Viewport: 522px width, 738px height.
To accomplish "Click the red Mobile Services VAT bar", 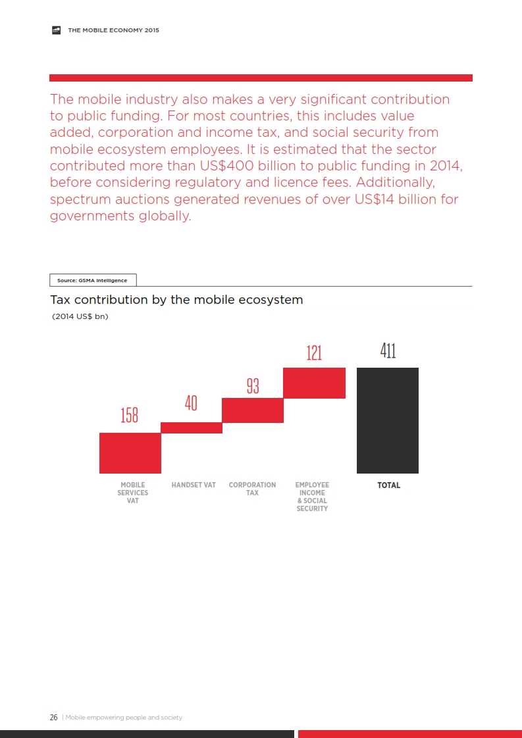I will click(130, 453).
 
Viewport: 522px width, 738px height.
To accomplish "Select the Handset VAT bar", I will click(191, 428).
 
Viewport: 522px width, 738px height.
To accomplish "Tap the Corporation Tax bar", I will click(252, 410).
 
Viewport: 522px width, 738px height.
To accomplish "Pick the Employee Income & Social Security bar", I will click(314, 383).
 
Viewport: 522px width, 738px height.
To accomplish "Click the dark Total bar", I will click(387, 420).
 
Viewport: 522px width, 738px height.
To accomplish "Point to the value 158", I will click(130, 416).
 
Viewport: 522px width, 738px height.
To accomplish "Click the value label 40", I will click(191, 403).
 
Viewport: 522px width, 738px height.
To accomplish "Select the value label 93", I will click(253, 386).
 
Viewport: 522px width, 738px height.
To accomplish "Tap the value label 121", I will click(314, 353).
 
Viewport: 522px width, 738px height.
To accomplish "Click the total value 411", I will click(388, 351).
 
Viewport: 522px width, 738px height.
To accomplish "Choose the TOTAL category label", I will click(388, 485).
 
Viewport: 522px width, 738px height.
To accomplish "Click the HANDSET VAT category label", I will click(194, 485).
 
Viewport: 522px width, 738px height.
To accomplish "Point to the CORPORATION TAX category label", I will click(252, 489).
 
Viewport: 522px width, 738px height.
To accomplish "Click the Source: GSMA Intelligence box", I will click(92, 280).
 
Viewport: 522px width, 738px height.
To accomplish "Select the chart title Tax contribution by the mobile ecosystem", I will click(176, 300).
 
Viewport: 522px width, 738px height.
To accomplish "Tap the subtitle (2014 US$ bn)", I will click(80, 317).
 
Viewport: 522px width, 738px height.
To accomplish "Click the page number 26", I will click(53, 717).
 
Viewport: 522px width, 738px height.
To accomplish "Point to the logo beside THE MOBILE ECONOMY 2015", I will click(57, 30).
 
